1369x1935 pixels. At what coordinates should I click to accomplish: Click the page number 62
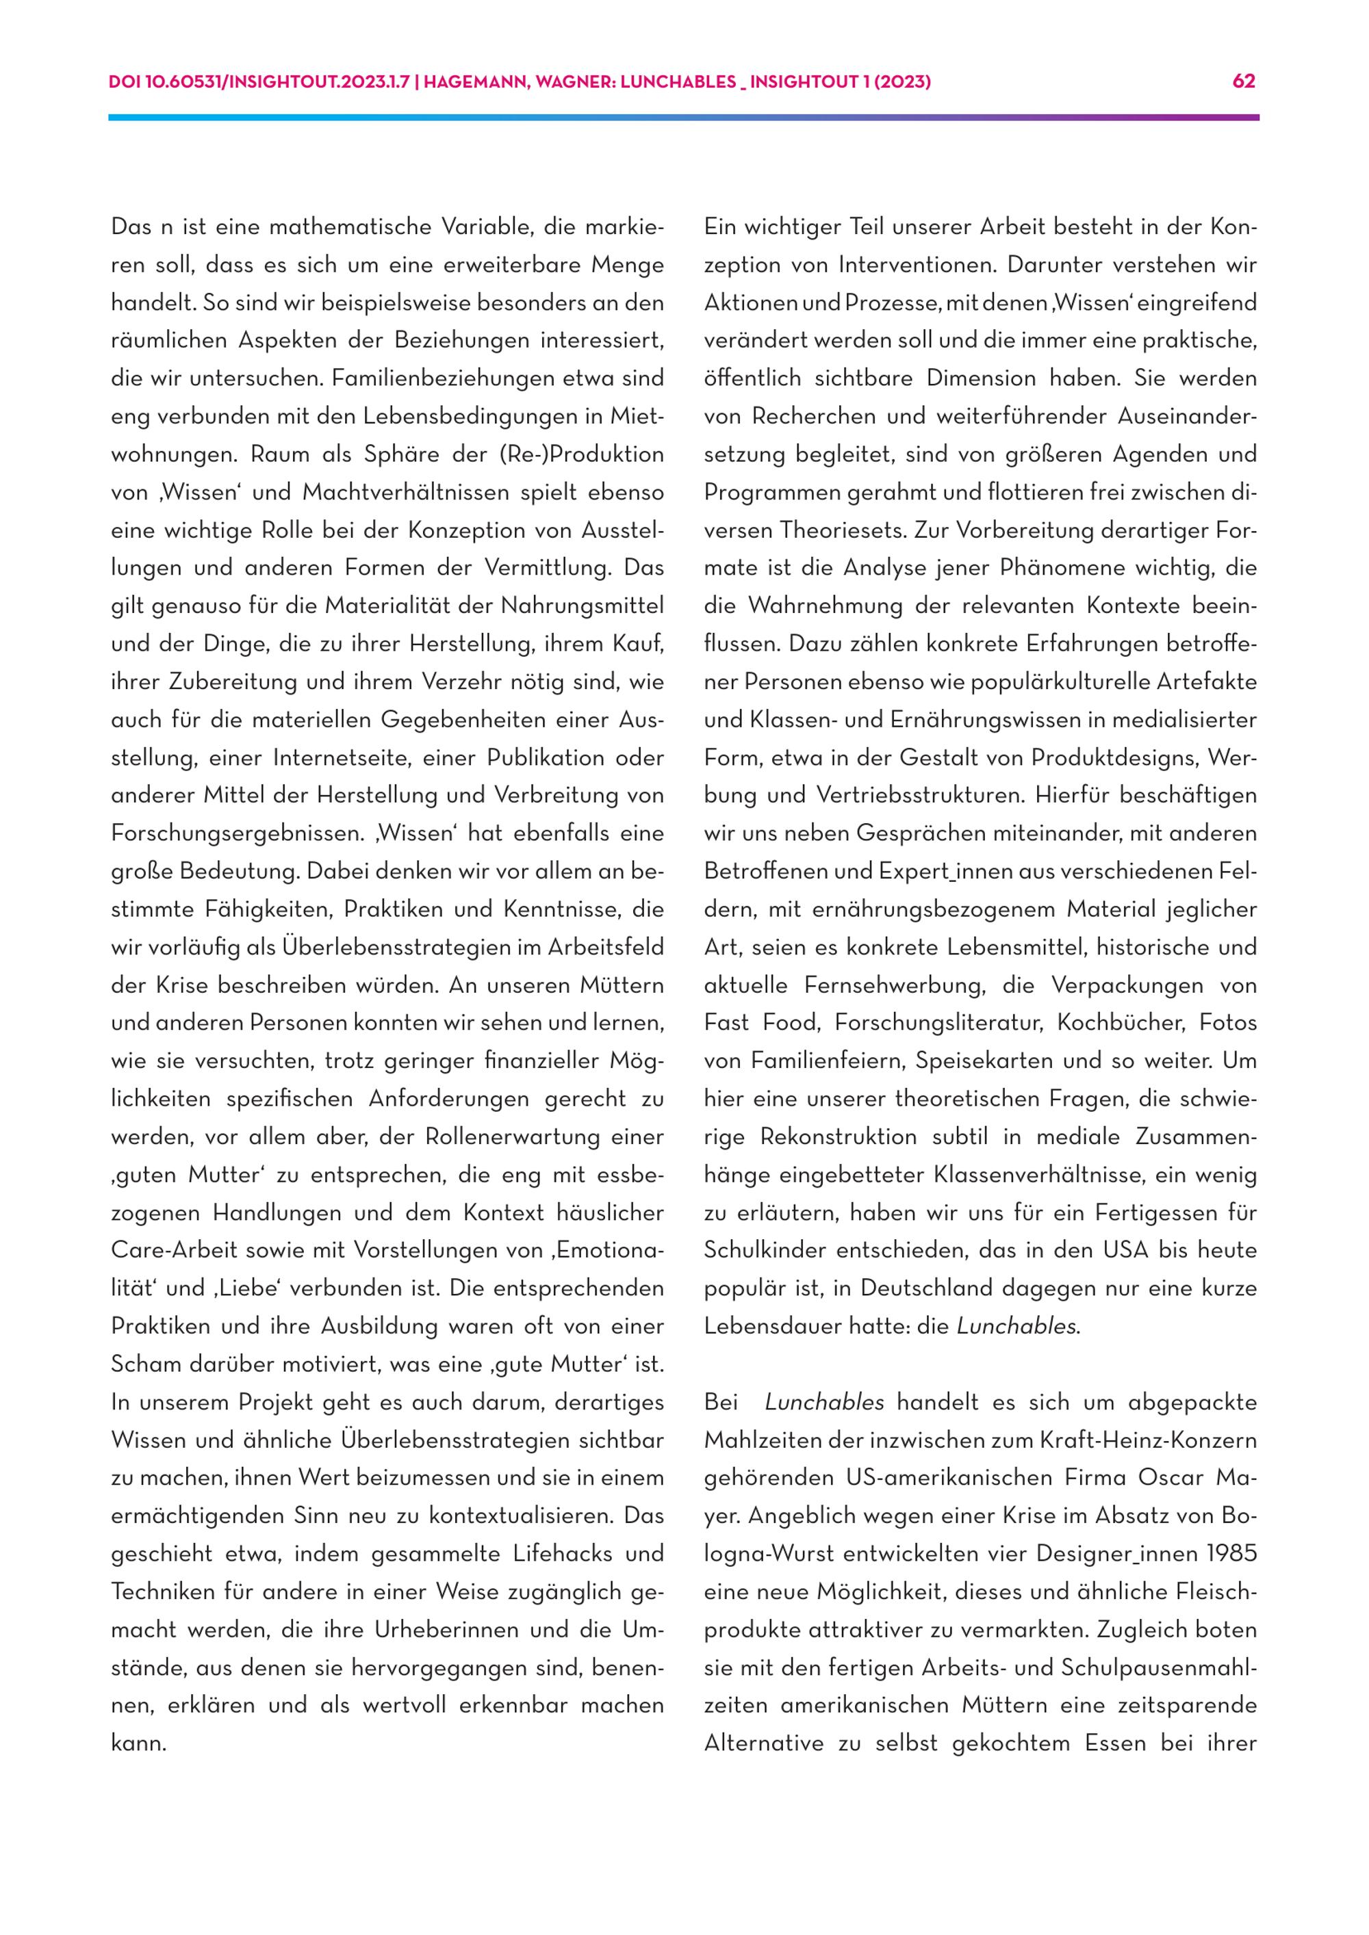point(1244,81)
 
